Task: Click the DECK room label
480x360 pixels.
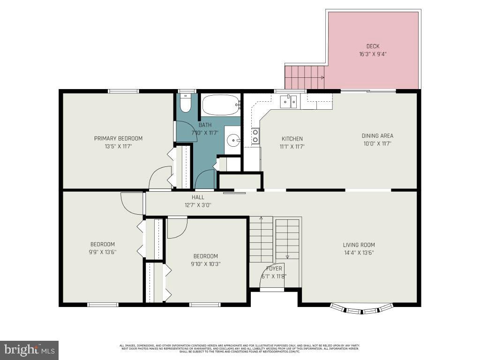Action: click(x=373, y=46)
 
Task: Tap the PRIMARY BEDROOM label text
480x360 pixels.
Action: click(x=118, y=138)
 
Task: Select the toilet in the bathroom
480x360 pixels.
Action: click(x=186, y=104)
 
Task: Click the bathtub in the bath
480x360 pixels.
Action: click(x=220, y=105)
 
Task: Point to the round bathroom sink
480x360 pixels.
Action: click(x=232, y=140)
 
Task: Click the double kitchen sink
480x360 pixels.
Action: click(x=288, y=101)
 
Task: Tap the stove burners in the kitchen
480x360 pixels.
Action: click(x=255, y=136)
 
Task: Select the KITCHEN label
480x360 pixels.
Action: click(x=292, y=139)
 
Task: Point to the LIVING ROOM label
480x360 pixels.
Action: click(x=359, y=245)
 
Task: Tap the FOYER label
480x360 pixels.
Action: click(x=274, y=269)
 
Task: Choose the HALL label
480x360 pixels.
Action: click(x=198, y=197)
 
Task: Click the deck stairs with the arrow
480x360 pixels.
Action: click(x=305, y=77)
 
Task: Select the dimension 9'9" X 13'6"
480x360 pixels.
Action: click(x=102, y=252)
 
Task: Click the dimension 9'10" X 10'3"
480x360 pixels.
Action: click(x=205, y=263)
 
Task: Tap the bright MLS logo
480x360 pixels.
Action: click(x=29, y=350)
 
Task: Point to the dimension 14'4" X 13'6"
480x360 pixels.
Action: click(x=359, y=252)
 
